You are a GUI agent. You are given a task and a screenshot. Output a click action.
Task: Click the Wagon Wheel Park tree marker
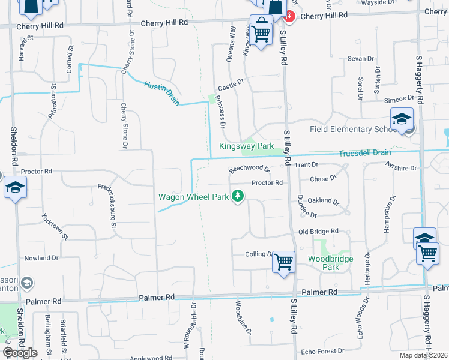[238, 196]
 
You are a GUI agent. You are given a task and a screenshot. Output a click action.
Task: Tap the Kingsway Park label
[246, 146]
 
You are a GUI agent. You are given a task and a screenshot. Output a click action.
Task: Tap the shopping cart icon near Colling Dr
[283, 262]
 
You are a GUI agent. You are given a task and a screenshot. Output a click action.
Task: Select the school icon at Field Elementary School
[402, 119]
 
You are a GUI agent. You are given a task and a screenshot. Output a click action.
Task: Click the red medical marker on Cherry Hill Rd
[290, 16]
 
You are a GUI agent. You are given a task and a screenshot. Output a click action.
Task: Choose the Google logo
[20, 353]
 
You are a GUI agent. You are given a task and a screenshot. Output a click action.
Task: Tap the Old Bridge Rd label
[319, 231]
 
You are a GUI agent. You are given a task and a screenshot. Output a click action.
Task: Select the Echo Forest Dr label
[322, 351]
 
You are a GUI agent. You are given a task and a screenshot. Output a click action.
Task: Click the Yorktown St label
[55, 226]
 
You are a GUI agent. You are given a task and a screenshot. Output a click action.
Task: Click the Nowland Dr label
[41, 258]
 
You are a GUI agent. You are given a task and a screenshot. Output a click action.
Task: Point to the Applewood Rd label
[152, 358]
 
